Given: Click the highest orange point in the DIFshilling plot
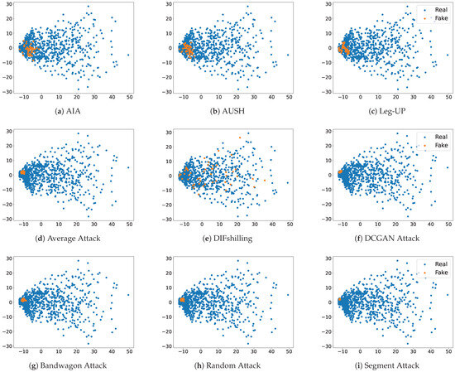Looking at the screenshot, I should pos(240,138).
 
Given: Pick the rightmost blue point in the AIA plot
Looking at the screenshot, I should pos(128,55).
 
